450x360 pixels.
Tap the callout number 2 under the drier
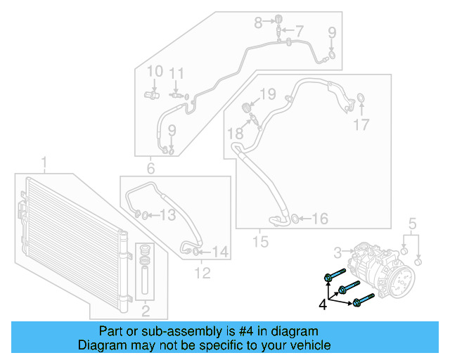[146, 310]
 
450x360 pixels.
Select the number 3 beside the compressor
[337, 251]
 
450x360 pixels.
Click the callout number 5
[413, 224]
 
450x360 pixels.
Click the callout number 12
[202, 273]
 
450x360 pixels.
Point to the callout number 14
[220, 251]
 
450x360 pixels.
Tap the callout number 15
[261, 242]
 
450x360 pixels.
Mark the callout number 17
[361, 125]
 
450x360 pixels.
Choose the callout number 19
[267, 94]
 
